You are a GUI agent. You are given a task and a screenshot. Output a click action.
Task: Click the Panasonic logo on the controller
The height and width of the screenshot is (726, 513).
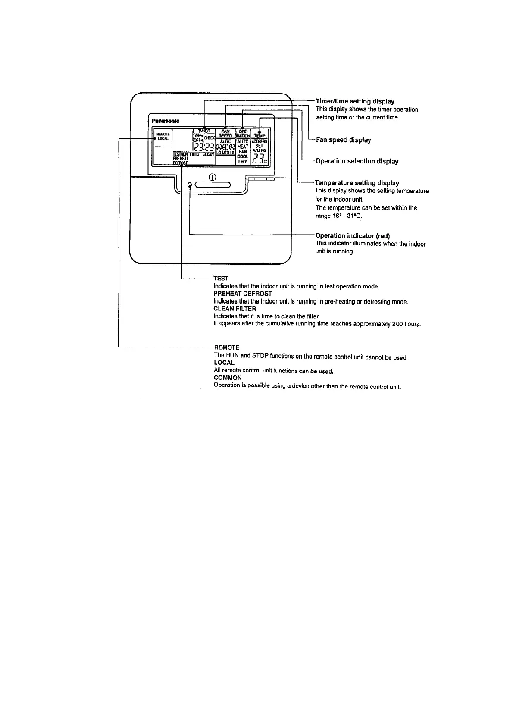166,121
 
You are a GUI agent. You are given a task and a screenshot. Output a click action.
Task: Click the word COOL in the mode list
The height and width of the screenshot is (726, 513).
243,156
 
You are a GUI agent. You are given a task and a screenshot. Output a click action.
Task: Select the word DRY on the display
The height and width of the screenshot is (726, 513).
243,162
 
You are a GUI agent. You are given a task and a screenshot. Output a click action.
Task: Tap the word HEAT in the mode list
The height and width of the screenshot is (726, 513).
243,147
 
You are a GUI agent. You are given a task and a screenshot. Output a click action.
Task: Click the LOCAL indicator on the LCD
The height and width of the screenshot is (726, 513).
163,138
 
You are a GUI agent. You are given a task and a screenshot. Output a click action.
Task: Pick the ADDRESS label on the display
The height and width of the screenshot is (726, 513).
260,141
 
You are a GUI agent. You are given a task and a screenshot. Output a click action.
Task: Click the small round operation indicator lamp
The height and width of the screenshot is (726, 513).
190,185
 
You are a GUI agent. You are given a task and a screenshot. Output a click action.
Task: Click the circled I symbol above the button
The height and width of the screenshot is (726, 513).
212,177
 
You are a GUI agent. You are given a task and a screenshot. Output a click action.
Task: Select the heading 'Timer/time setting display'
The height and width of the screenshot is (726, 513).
355,101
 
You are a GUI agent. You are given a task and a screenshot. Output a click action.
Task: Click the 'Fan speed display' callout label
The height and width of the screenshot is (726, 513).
343,140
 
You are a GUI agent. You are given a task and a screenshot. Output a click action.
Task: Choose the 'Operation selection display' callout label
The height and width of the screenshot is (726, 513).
357,161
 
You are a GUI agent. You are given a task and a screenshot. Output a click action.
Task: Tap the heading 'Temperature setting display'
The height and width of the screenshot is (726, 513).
357,183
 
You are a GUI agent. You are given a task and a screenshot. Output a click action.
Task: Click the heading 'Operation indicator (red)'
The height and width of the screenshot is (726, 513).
353,236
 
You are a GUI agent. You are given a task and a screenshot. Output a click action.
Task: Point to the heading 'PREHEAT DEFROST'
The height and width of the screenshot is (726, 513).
243,294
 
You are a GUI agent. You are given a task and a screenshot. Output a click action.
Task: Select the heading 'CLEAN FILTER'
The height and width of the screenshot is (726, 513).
235,309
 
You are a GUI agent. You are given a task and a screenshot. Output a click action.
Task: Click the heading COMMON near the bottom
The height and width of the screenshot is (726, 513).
228,378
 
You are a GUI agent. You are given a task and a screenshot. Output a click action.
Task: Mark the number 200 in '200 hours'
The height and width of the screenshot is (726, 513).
397,324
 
